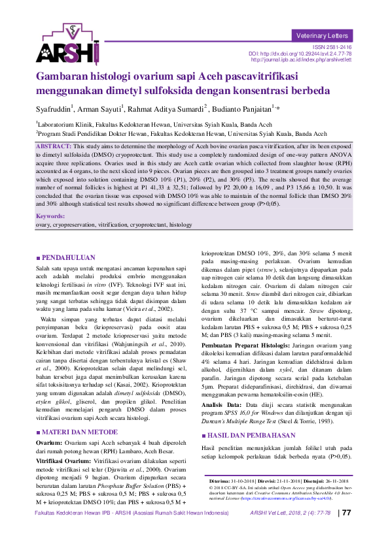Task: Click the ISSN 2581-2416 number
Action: click(332, 47)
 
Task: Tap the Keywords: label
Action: click(50, 215)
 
